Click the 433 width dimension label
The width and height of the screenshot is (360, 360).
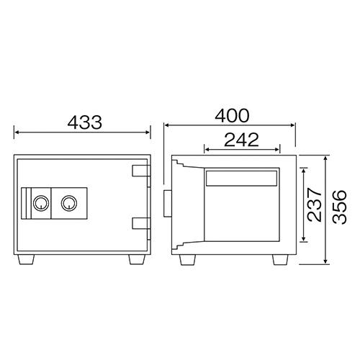(x=85, y=122)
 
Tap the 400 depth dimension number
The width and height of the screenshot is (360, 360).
(x=232, y=115)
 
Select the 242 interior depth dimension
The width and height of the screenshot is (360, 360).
(x=241, y=140)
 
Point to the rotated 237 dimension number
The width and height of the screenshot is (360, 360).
(x=315, y=204)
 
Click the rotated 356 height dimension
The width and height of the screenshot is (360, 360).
(x=340, y=207)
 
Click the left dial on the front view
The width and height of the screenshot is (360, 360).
(x=41, y=203)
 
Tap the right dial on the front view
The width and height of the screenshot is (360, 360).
(x=69, y=203)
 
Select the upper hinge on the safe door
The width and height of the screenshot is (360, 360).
(x=141, y=171)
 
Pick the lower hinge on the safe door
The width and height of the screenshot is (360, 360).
(x=141, y=223)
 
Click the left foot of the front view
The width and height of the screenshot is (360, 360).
(x=26, y=260)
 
